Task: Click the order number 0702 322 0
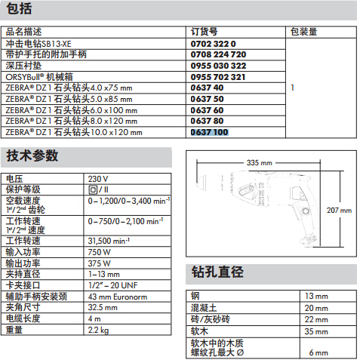tap(213, 44)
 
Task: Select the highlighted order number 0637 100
tap(209, 132)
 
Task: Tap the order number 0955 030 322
tap(218, 66)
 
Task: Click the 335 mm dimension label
tap(259, 163)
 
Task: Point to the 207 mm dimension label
tap(339, 210)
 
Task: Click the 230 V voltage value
tap(98, 179)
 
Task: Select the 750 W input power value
tap(99, 252)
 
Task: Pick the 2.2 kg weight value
tap(98, 330)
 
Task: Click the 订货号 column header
tap(204, 32)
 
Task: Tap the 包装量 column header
tap(303, 32)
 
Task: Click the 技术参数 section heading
tap(32, 155)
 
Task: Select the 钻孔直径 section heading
tap(217, 272)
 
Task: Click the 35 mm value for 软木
tap(316, 331)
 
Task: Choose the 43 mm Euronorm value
tap(118, 297)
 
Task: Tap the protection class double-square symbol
tap(93, 189)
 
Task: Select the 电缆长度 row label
tap(23, 318)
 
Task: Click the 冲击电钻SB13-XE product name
tap(38, 44)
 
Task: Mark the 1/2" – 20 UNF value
tap(113, 285)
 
